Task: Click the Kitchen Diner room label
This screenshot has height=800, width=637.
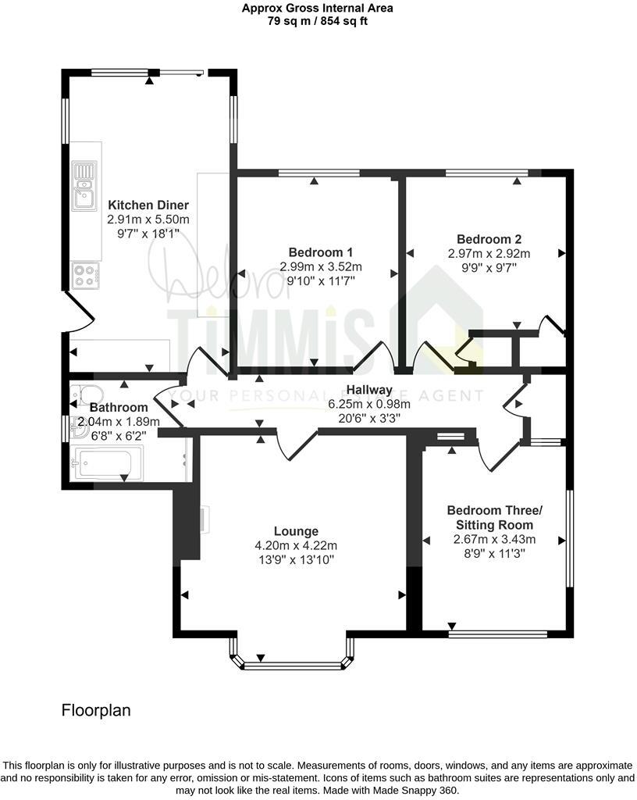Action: pyautogui.click(x=148, y=205)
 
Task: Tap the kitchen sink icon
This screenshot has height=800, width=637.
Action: pyautogui.click(x=84, y=185)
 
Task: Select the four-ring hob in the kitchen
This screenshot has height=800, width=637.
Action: pyautogui.click(x=86, y=275)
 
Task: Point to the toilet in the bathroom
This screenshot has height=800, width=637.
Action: pyautogui.click(x=88, y=395)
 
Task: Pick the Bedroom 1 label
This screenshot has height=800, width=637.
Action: pyautogui.click(x=321, y=252)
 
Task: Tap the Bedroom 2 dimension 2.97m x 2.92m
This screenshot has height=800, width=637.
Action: pyautogui.click(x=489, y=254)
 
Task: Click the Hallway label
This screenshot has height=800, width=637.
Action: pyautogui.click(x=369, y=390)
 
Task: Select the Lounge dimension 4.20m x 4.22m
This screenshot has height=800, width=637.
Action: pyautogui.click(x=296, y=545)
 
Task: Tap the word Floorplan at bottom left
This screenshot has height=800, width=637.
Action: pyautogui.click(x=96, y=710)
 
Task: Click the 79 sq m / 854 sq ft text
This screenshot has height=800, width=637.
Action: pyautogui.click(x=318, y=21)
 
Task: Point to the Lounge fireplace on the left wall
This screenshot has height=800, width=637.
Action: pyautogui.click(x=203, y=520)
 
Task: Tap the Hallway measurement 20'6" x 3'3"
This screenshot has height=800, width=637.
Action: pyautogui.click(x=369, y=419)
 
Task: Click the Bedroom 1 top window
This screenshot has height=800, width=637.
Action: pyautogui.click(x=319, y=173)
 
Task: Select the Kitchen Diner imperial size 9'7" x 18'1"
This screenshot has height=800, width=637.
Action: pyautogui.click(x=148, y=234)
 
